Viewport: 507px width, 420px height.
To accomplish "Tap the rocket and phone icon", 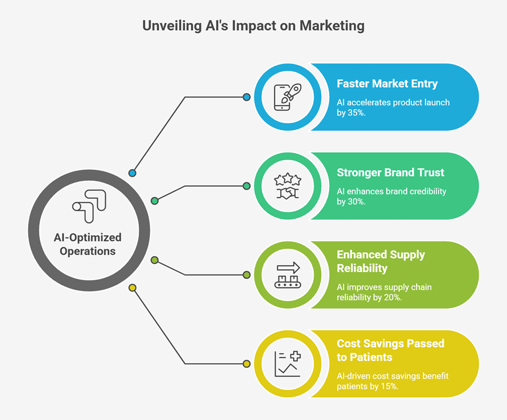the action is [x=287, y=97].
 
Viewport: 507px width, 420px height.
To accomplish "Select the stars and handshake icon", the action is [x=287, y=186].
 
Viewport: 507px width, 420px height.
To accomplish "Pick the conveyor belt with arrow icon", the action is [x=287, y=275].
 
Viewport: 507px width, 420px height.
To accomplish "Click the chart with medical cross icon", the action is [x=287, y=364].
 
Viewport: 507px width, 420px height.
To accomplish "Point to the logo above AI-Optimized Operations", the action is [x=89, y=206].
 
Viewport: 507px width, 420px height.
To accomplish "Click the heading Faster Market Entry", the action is [x=387, y=84].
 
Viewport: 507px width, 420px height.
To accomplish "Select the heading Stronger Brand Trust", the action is [x=390, y=172].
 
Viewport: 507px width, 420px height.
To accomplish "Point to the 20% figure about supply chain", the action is [x=392, y=298].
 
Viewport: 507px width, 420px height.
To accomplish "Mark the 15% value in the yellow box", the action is [x=389, y=386].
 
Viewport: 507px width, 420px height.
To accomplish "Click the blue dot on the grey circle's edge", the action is [x=133, y=173].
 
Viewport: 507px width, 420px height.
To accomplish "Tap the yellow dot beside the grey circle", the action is [x=133, y=287].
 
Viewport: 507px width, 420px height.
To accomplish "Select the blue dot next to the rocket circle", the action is [x=246, y=97].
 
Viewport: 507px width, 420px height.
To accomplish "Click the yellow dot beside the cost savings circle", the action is [x=246, y=364].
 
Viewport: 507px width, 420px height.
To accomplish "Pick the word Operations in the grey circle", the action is [x=88, y=251].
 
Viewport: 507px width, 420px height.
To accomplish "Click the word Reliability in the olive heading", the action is [x=362, y=268].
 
